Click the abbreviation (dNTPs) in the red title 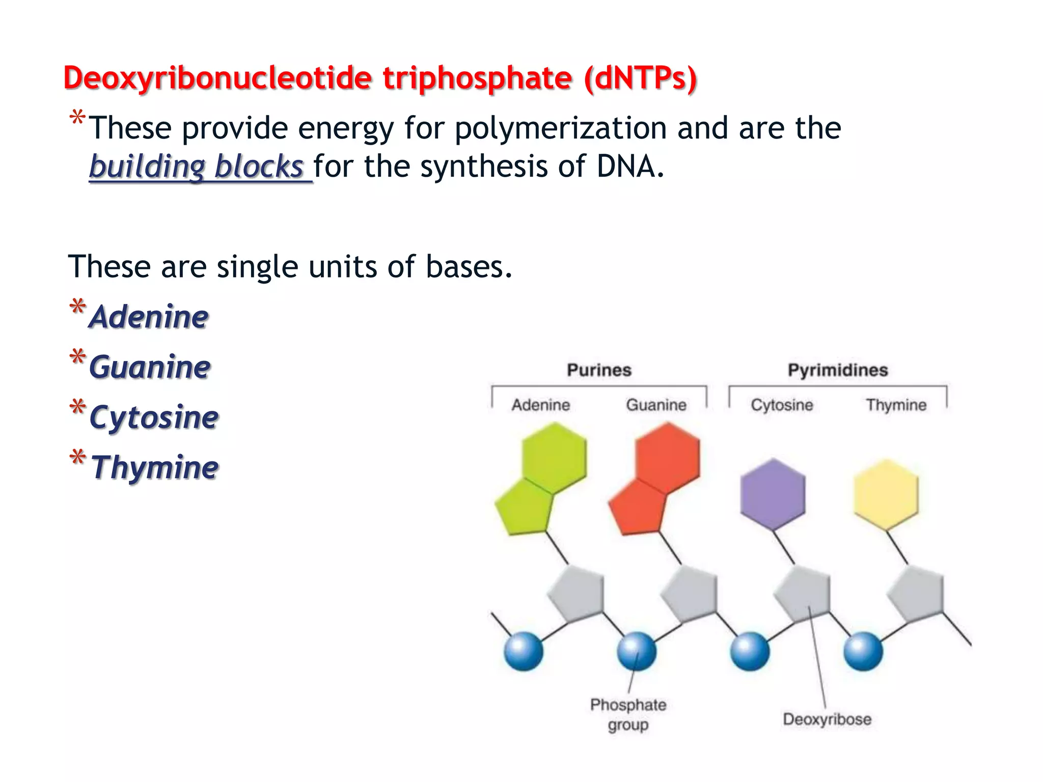click(641, 79)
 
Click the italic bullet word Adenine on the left click(149, 317)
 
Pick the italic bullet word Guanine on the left click(150, 367)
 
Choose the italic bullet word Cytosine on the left click(154, 417)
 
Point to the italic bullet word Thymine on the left click(155, 467)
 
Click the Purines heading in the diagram click(599, 370)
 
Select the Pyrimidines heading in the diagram click(838, 370)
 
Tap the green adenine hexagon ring click(554, 457)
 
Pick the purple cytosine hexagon click(773, 494)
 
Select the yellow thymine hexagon click(886, 494)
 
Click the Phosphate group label click(628, 714)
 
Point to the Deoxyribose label click(827, 719)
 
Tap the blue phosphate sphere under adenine click(524, 652)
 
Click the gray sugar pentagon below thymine click(916, 593)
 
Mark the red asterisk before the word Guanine click(77, 357)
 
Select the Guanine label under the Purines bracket click(656, 405)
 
